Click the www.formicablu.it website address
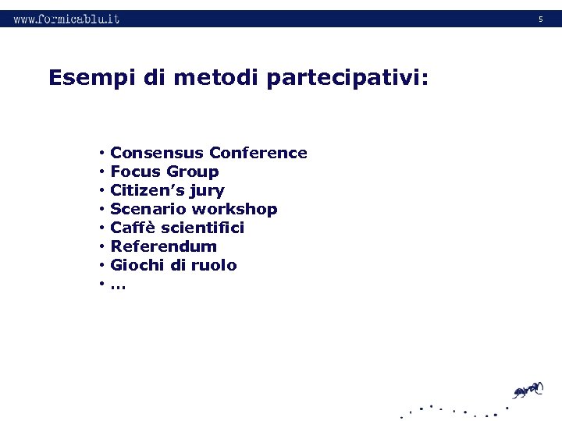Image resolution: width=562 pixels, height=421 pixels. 66,19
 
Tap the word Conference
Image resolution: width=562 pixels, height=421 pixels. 258,153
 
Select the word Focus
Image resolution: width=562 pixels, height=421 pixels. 134,172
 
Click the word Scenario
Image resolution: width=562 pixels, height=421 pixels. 148,209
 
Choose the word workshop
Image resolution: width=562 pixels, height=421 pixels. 235,210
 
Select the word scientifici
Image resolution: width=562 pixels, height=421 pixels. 205,228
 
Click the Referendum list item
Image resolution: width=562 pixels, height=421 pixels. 164,246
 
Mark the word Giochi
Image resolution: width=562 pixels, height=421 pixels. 136,265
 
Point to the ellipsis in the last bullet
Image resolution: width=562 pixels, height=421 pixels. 118,285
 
